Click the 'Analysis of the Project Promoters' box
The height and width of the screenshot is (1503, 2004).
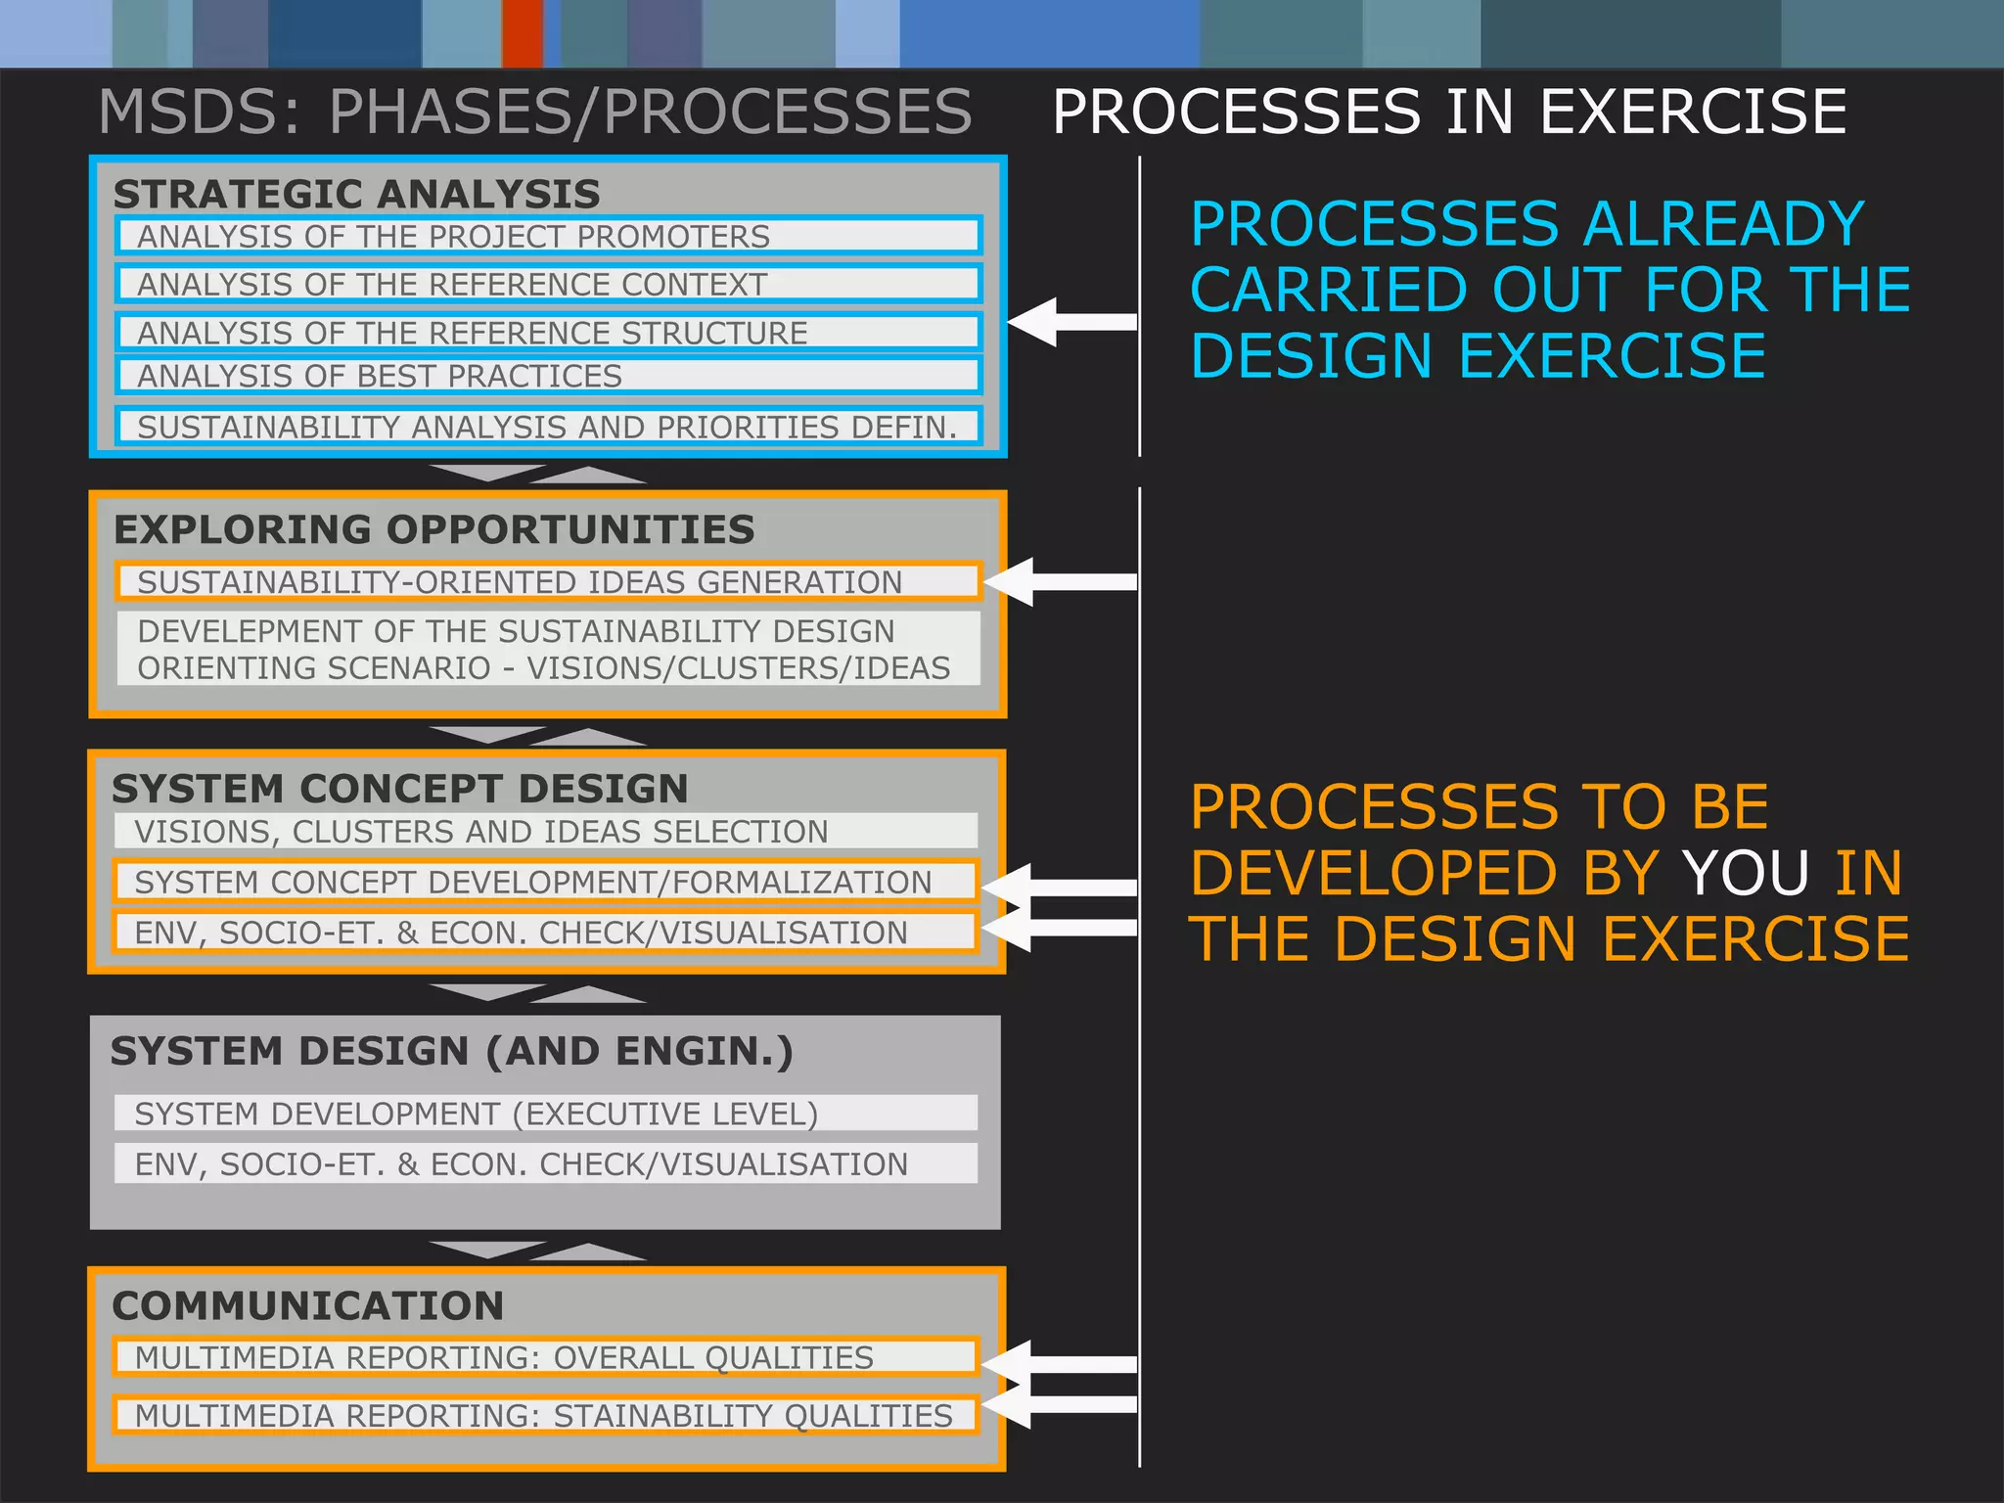pyautogui.click(x=548, y=236)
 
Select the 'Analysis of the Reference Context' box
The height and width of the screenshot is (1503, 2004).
pyautogui.click(x=548, y=284)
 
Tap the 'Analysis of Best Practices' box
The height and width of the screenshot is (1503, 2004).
pyautogui.click(x=548, y=376)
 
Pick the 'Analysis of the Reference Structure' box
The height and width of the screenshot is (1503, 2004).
pyautogui.click(x=548, y=332)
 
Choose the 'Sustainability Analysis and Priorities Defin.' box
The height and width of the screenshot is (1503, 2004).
pyautogui.click(x=548, y=427)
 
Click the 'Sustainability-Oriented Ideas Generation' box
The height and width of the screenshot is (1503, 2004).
pyautogui.click(x=548, y=581)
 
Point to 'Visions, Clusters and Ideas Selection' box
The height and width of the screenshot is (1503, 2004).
pyautogui.click(x=546, y=831)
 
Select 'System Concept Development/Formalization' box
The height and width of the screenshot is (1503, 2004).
pyautogui.click(x=546, y=882)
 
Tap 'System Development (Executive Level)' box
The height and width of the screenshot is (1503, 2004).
pyautogui.click(x=546, y=1114)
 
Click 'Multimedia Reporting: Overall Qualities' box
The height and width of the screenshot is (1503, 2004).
pyautogui.click(x=546, y=1357)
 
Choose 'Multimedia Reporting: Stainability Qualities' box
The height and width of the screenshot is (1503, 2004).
pyautogui.click(x=546, y=1415)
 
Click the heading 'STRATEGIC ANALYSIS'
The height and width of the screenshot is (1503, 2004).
pyautogui.click(x=356, y=194)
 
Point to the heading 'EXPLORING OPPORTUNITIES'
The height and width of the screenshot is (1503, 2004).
pyautogui.click(x=433, y=529)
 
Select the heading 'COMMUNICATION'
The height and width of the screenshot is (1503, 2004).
pyautogui.click(x=307, y=1305)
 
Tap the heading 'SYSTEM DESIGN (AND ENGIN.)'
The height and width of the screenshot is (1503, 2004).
pyautogui.click(x=451, y=1051)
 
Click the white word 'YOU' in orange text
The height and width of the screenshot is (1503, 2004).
pyautogui.click(x=1745, y=873)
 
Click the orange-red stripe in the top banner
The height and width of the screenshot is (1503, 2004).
pyautogui.click(x=523, y=33)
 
